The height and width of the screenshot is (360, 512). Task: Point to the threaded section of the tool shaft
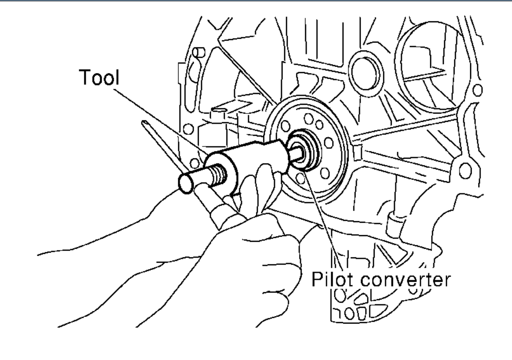point(219,175)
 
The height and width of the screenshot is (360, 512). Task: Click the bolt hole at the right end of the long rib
point(464,167)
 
